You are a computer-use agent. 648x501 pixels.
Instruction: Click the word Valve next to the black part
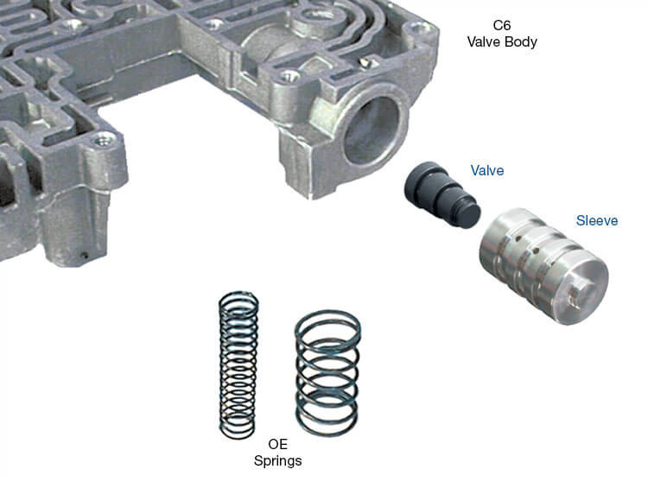(486, 171)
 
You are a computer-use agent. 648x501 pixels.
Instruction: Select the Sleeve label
(597, 221)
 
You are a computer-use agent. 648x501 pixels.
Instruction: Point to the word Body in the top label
(520, 42)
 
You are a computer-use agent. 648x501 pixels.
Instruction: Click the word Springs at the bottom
(277, 461)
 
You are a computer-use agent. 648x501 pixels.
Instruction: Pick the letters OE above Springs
(277, 445)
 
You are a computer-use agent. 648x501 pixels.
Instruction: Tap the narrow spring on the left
(237, 363)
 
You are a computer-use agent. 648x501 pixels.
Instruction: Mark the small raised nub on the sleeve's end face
(585, 294)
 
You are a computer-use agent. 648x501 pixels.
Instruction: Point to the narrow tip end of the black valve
(467, 212)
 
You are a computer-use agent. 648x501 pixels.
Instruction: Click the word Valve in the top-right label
(490, 42)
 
